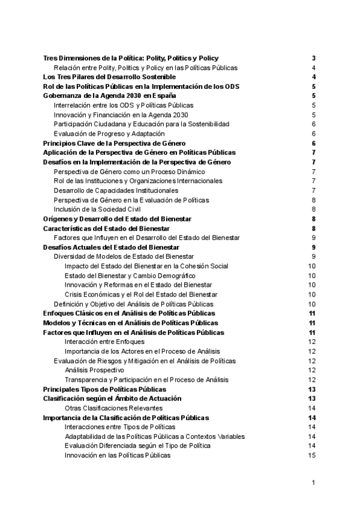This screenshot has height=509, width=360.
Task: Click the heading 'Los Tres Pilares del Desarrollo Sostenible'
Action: [x=110, y=77]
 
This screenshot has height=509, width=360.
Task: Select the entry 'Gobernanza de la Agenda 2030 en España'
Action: [x=110, y=95]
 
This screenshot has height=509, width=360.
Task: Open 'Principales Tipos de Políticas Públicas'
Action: [x=105, y=389]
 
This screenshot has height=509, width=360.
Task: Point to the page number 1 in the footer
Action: [x=314, y=483]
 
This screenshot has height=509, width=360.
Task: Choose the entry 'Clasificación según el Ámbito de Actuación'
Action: [x=112, y=399]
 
